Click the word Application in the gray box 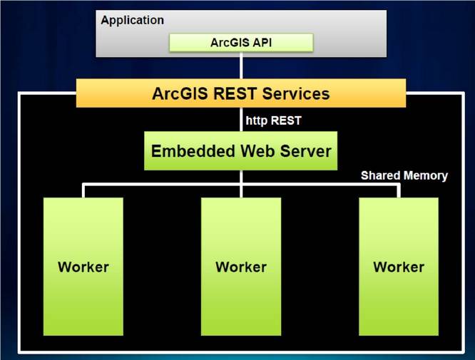(133, 21)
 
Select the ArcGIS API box (241, 42)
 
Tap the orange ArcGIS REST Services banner (241, 93)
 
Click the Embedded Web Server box (241, 151)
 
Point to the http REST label (273, 120)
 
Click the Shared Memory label (404, 175)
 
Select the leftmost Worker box (83, 267)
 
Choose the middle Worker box (241, 267)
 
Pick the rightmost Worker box (399, 267)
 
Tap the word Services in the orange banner (296, 93)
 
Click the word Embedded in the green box (193, 151)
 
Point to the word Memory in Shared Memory (426, 176)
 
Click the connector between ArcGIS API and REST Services (241, 66)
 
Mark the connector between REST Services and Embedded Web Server (241, 119)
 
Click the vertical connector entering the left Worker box (83, 191)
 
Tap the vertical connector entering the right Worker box (399, 191)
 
